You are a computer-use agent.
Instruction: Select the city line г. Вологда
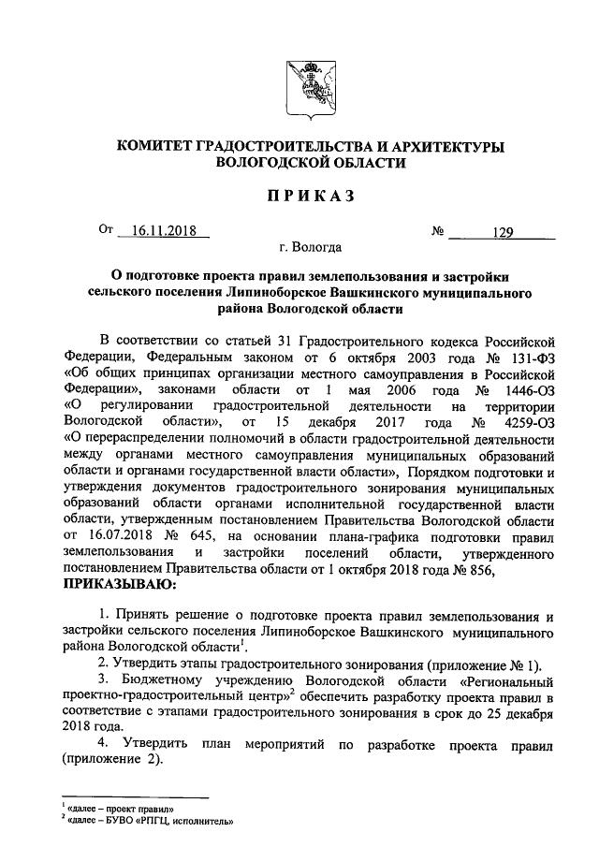point(309,249)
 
